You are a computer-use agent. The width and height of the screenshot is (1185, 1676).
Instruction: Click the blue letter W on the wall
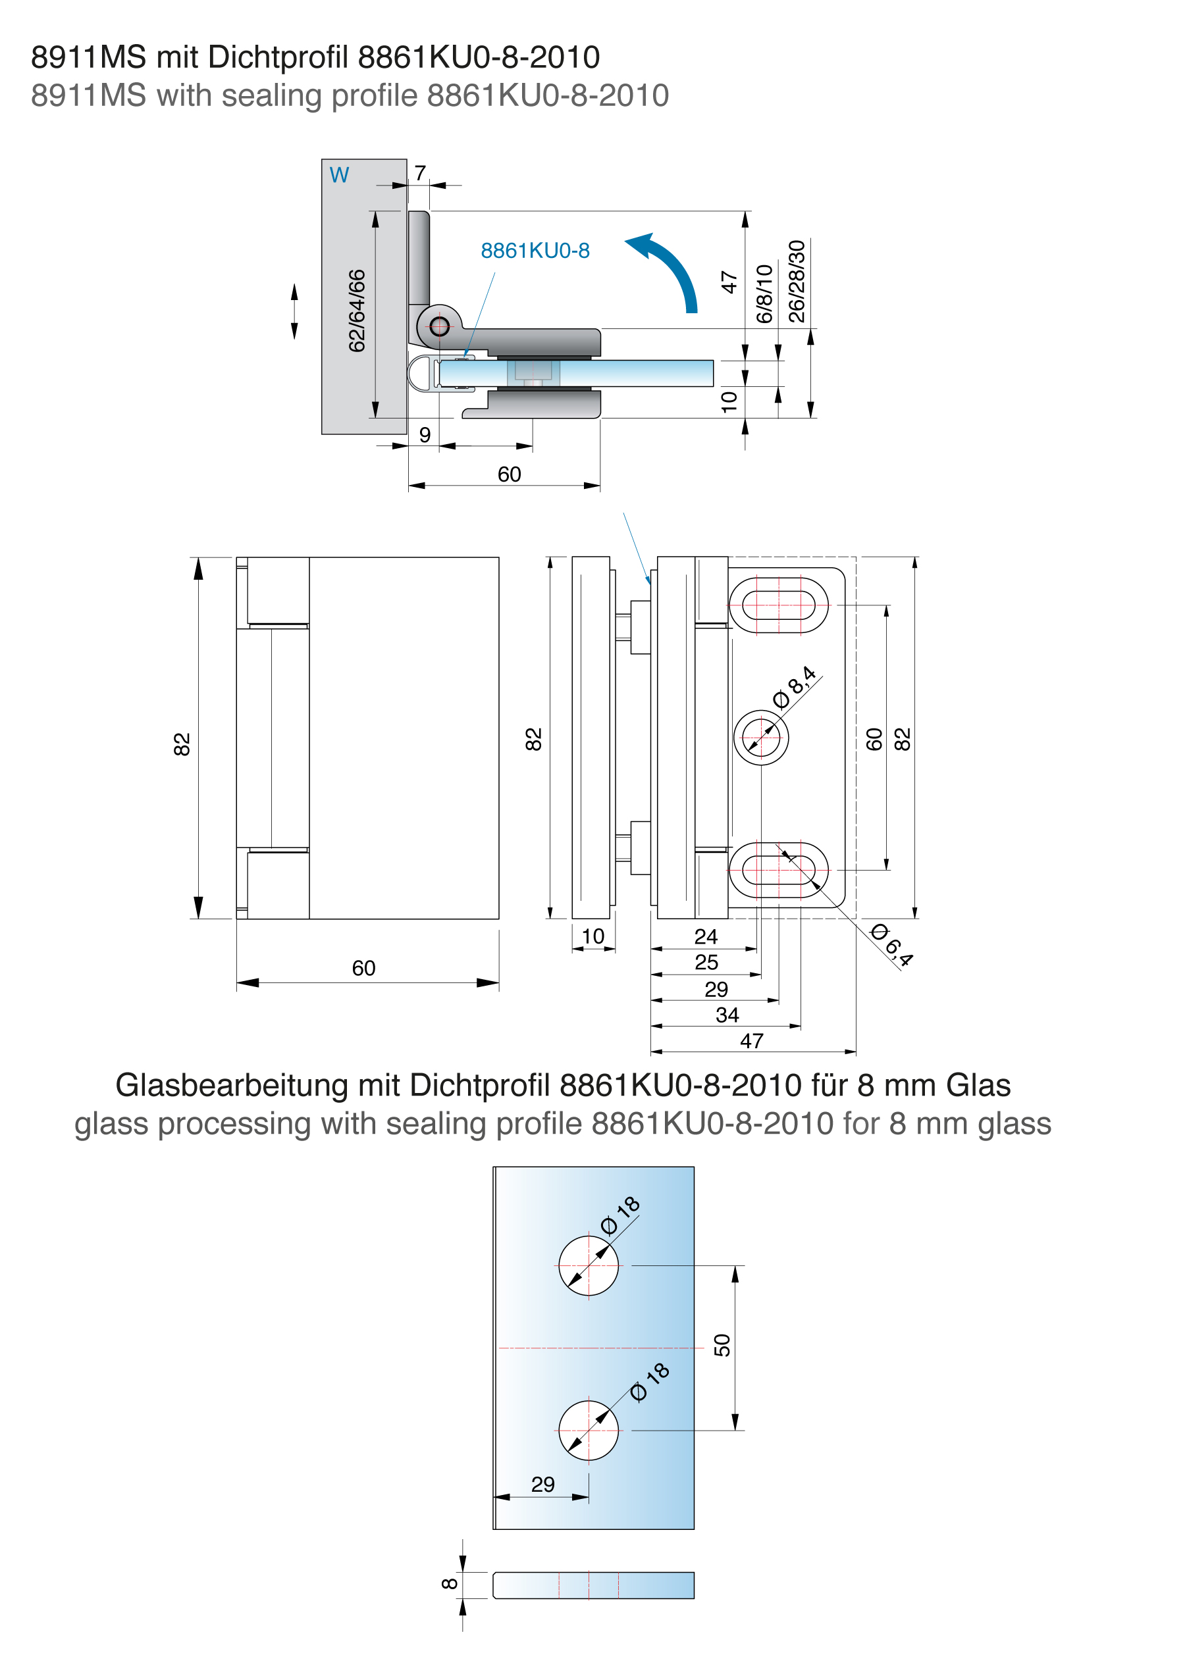tap(339, 175)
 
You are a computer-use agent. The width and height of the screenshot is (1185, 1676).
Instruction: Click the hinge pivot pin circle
tap(440, 326)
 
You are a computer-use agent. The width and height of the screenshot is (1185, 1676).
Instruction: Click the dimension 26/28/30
tap(797, 281)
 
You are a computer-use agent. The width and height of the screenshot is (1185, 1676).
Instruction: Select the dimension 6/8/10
tap(764, 294)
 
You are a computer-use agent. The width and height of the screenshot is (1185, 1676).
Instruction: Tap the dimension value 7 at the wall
tap(420, 173)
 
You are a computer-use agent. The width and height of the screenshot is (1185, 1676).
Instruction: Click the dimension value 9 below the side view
tap(425, 435)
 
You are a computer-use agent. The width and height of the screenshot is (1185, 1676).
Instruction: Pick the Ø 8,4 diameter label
tap(795, 688)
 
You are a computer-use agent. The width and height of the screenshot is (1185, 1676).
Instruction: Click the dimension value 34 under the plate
tap(727, 1015)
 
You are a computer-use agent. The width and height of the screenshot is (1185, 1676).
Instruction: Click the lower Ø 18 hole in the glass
tap(589, 1431)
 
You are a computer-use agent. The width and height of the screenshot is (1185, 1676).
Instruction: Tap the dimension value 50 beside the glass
tap(722, 1345)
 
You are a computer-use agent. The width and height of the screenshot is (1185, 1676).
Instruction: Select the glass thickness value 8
tap(450, 1583)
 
